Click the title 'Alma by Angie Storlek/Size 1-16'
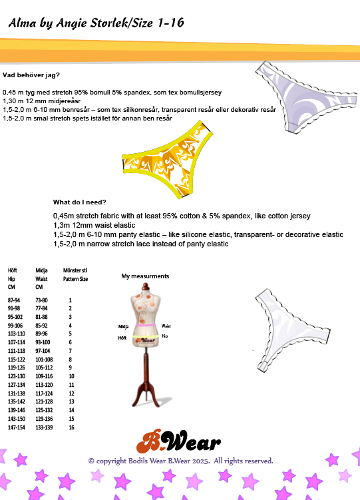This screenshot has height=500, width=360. pos(96,23)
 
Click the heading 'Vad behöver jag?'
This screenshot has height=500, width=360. pos(31,75)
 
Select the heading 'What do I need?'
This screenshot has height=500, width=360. pos(80,202)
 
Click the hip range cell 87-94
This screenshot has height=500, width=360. pos(14,300)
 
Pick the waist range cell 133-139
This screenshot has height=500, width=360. pos(44,427)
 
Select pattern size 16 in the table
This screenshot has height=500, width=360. pos(72,427)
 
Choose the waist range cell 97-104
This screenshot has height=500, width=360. pos(43,351)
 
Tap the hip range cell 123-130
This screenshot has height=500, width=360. pos(16,376)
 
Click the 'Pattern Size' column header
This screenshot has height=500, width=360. pos(75,279)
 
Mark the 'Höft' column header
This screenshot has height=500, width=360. pos(13,270)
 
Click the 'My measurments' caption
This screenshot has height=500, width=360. pos(145,276)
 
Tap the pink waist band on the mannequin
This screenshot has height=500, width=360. pos(146,326)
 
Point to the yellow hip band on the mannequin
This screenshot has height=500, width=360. pos(146,336)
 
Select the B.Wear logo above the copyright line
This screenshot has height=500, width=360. pos(178,441)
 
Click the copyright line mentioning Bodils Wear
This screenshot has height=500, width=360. pos(180,461)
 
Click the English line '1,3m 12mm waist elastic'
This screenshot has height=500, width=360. pos(94,225)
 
